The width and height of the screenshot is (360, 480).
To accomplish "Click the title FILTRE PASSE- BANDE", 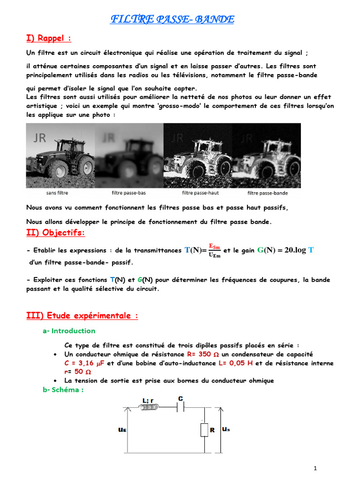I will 172,19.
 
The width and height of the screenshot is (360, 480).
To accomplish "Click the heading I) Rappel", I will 48,38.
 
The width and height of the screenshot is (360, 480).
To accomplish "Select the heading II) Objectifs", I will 55,232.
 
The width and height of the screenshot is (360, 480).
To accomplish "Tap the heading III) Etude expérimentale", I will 82,315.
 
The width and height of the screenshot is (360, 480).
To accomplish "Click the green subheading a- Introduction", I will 68,331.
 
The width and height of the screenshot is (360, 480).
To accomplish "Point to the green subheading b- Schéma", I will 63,390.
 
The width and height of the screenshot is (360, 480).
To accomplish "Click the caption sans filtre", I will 57,193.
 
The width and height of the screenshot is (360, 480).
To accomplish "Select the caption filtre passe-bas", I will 128,193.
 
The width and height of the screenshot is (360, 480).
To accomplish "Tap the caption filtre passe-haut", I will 200,193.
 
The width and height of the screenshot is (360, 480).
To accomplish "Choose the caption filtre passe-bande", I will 268,193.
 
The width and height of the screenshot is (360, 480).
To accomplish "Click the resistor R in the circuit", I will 204,429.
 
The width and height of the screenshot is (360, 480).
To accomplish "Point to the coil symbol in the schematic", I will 150,408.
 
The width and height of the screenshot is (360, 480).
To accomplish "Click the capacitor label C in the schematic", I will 180,398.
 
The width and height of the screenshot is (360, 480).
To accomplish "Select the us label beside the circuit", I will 226,429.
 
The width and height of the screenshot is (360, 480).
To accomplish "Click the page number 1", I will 315,468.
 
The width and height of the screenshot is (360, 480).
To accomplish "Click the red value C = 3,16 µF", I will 85,363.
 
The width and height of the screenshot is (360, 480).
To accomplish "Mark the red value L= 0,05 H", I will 238,363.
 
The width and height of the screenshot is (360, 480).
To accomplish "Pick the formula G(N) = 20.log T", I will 285,250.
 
